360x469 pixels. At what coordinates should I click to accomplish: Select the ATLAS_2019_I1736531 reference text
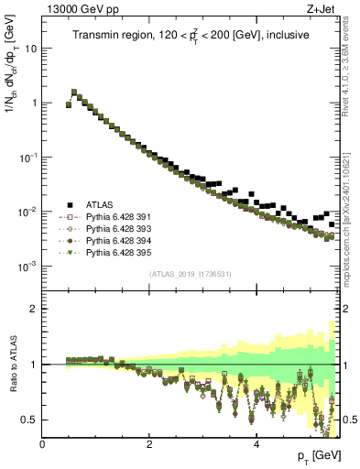191,274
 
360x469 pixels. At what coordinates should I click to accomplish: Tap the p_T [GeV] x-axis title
319,455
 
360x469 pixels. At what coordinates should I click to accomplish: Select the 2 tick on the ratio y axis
35,309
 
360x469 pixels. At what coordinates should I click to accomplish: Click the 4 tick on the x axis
256,444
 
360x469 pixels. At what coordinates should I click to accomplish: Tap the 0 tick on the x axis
43,444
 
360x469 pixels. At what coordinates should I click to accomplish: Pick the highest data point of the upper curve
74,92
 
